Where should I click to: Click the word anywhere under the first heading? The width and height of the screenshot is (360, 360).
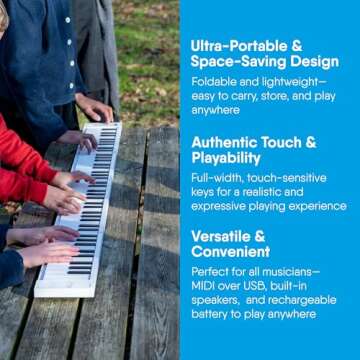pyautogui.click(x=215, y=110)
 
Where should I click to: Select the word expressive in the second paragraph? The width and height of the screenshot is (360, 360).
pyautogui.click(x=222, y=205)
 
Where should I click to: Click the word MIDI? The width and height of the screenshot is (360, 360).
pyautogui.click(x=204, y=286)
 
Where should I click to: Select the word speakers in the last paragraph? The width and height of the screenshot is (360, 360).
pyautogui.click(x=218, y=300)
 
